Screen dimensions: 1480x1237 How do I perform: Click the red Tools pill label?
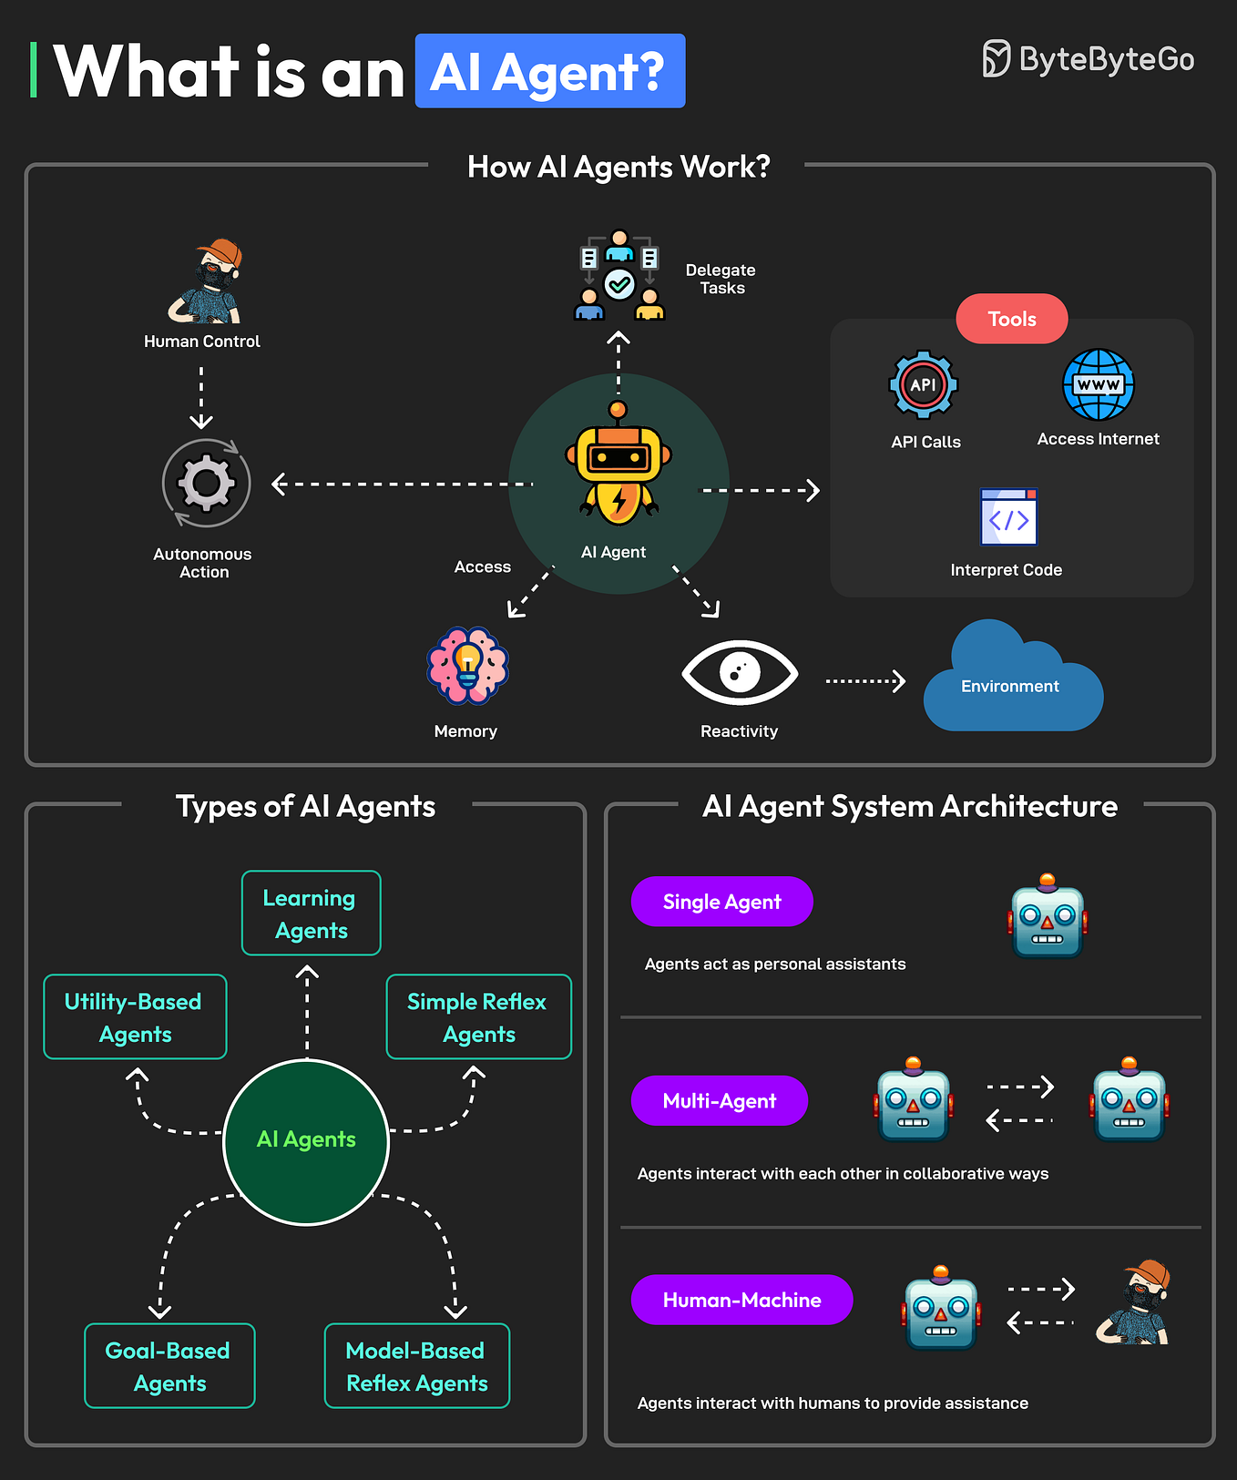tap(1011, 319)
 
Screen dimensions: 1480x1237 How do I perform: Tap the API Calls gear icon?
tap(923, 385)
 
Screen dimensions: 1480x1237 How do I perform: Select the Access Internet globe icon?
tap(1098, 385)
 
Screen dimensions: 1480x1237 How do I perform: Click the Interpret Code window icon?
tap(1008, 517)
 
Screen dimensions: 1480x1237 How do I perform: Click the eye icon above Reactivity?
tap(740, 673)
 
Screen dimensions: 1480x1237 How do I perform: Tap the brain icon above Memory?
tap(467, 666)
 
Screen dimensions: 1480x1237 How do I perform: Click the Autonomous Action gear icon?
tap(206, 483)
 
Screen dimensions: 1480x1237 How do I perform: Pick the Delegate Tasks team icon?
tap(619, 276)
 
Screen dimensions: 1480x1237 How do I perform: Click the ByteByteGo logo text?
tap(1105, 60)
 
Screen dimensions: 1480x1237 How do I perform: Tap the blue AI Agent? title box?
tap(549, 72)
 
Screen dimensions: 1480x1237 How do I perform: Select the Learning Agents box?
tap(311, 914)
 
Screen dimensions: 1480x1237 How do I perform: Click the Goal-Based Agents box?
tap(169, 1366)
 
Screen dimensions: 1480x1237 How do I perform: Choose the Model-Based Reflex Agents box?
tap(416, 1366)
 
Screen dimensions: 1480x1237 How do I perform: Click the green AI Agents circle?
tap(306, 1141)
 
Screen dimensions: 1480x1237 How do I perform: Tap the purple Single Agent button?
tap(721, 902)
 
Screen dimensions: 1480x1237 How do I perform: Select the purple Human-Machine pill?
tap(741, 1300)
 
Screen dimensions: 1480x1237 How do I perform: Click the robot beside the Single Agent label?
tap(1047, 918)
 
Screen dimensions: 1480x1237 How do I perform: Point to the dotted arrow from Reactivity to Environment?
tap(864, 681)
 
